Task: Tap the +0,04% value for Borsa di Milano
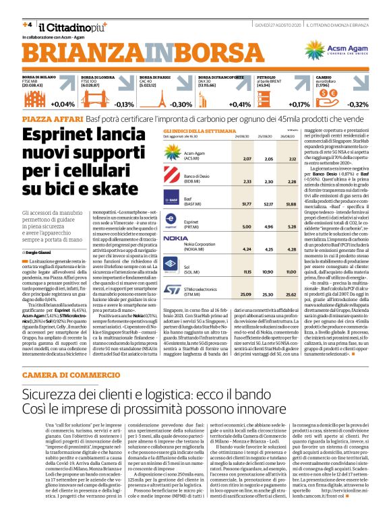click(x=63, y=104)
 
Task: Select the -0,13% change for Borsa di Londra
click(x=125, y=104)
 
